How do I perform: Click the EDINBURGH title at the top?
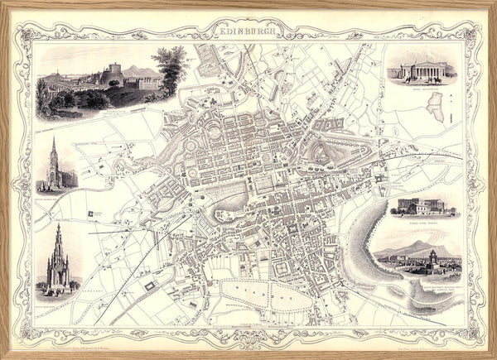[x=249, y=33]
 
